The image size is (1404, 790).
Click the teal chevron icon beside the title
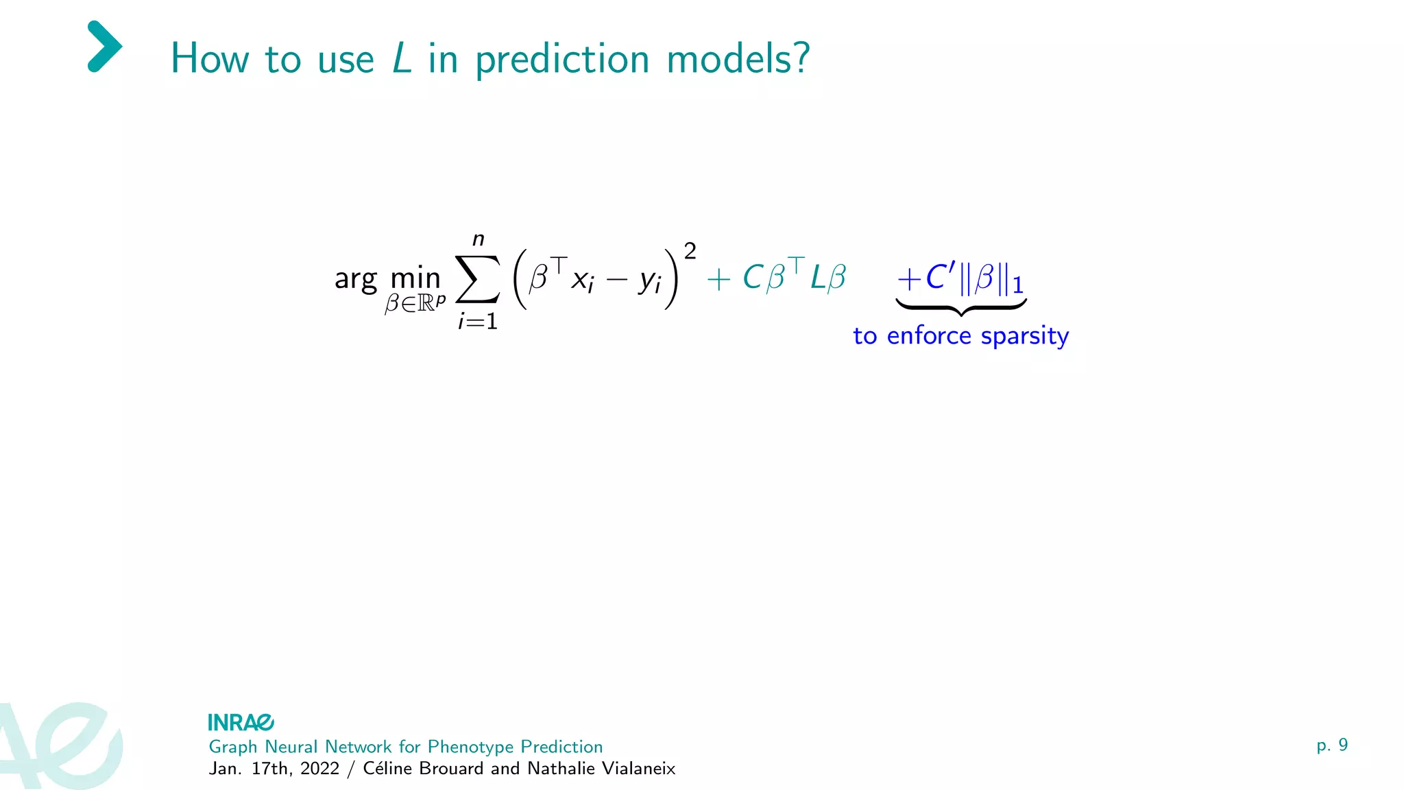(x=104, y=47)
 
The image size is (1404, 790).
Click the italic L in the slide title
(x=402, y=58)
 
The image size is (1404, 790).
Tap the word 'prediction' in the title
(x=562, y=60)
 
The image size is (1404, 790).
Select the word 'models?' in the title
(x=738, y=58)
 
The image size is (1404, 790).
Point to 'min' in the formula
(x=415, y=278)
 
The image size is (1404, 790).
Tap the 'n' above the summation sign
(x=479, y=239)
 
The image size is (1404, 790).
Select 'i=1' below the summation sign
(x=478, y=321)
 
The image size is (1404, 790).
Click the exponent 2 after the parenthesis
(x=690, y=251)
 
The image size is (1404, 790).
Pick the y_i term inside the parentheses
(x=649, y=280)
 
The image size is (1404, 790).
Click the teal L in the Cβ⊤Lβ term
(x=817, y=278)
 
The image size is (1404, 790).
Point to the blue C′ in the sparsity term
(x=939, y=277)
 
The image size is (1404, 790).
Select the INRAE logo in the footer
(x=241, y=722)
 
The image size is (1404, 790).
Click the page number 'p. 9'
(x=1332, y=745)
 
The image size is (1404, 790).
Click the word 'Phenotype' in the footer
(x=470, y=747)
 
